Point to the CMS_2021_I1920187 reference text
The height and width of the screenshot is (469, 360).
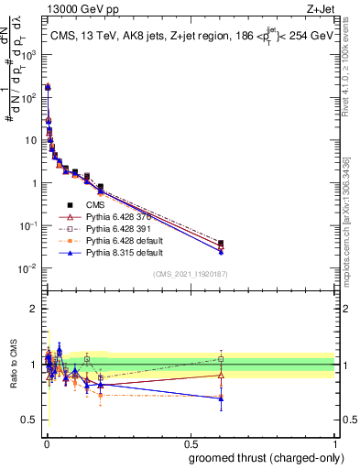click(x=190, y=274)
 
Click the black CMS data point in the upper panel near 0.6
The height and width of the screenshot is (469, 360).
click(x=221, y=244)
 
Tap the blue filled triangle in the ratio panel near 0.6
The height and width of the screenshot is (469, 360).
click(x=221, y=398)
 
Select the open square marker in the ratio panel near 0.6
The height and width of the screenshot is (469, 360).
click(x=221, y=358)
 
